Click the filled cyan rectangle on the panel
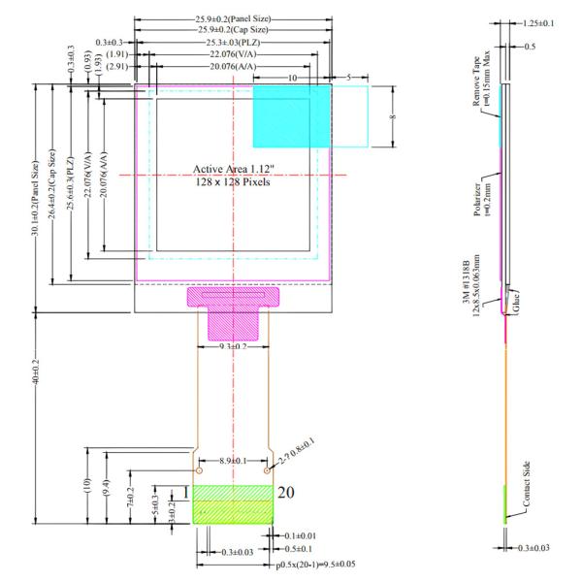pyautogui.click(x=292, y=115)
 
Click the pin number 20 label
pyautogui.click(x=286, y=493)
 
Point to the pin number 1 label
pyautogui.click(x=184, y=493)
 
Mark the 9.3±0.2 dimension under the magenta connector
pyautogui.click(x=232, y=346)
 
